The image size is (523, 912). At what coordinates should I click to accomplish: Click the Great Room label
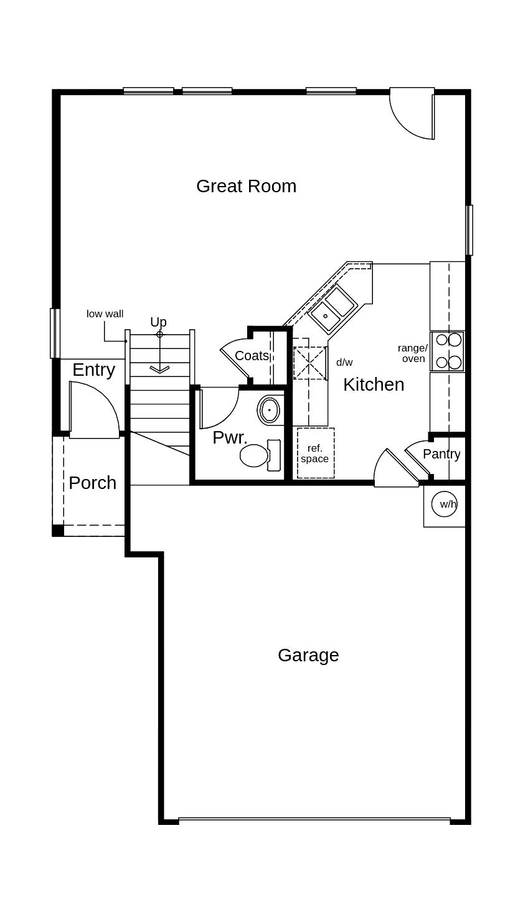coord(246,186)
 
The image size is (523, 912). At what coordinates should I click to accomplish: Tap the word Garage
coord(308,655)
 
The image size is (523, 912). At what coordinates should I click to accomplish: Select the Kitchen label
coord(374,384)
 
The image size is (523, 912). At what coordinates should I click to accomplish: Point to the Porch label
coord(92,483)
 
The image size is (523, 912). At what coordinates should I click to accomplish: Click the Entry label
coord(94,370)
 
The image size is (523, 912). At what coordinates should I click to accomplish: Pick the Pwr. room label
coord(230,437)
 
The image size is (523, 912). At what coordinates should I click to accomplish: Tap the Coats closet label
coord(252,356)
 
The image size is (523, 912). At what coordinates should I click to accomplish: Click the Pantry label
coord(441,454)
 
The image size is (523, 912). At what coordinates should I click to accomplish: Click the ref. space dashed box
coord(315,454)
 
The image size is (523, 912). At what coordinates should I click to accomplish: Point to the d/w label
coord(344,362)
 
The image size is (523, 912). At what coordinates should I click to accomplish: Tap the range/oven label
coord(413,353)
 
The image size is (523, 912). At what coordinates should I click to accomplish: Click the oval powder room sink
coord(269,411)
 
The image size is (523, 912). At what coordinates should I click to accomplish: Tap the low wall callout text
coord(105,314)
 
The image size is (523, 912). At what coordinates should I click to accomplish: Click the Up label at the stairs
coord(158,322)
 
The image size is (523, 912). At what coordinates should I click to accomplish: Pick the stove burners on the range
coord(448,351)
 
